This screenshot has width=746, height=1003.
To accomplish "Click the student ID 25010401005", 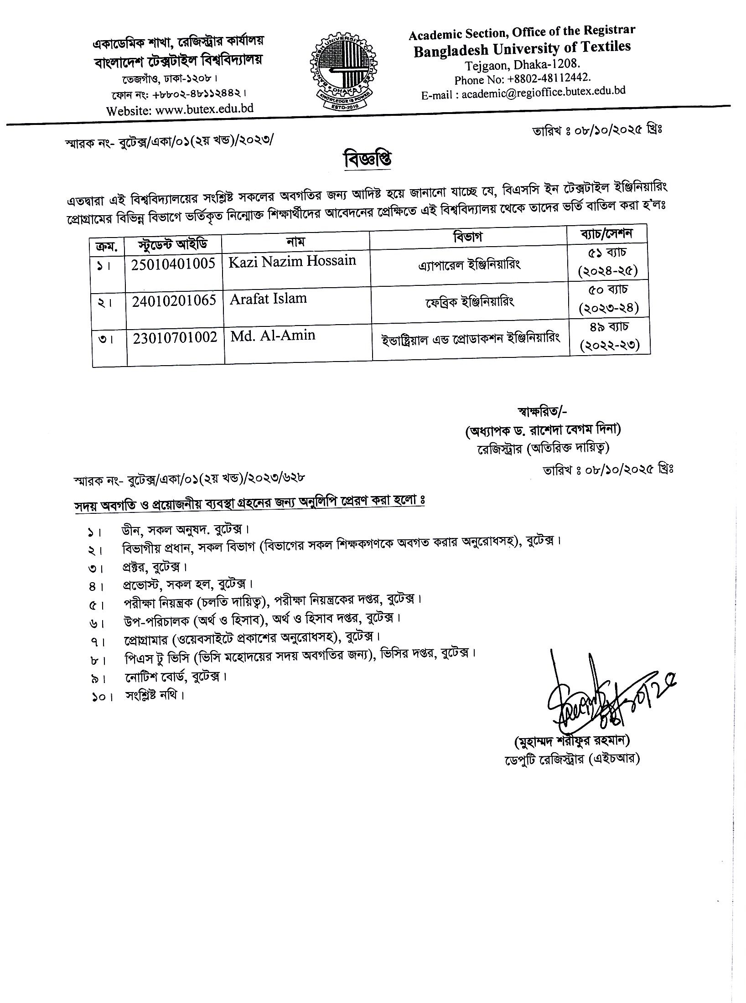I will pos(173,264).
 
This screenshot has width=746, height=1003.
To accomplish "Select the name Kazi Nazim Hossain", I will pos(293,261).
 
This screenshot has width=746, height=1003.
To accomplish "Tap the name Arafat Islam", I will pos(268,299).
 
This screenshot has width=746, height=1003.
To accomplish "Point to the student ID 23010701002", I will pos(175,338).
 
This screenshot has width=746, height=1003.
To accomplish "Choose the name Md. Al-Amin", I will pos(273,336).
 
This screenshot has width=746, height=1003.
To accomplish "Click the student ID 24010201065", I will pos(173,301).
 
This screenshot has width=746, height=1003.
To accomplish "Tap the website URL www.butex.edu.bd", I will pos(204,109).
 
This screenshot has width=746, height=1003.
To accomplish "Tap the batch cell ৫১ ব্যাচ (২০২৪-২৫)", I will pos(609,261).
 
